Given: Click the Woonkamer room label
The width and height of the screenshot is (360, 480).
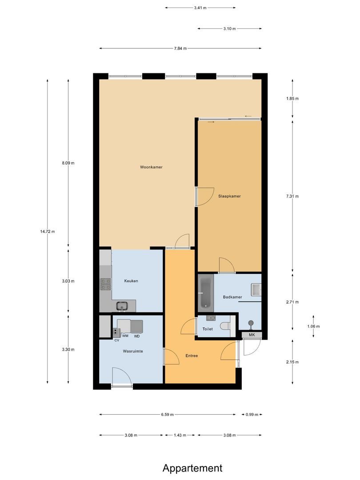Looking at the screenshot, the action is pyautogui.click(x=151, y=167).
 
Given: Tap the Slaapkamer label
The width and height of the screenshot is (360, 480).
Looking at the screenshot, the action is pyautogui.click(x=229, y=196).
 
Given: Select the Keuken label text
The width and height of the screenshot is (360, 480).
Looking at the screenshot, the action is pyautogui.click(x=131, y=281).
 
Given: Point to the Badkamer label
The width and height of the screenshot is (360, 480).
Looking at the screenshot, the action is pyautogui.click(x=232, y=297).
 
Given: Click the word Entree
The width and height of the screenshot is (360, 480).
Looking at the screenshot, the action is pyautogui.click(x=192, y=356).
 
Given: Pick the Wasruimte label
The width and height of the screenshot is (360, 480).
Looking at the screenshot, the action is pyautogui.click(x=133, y=351).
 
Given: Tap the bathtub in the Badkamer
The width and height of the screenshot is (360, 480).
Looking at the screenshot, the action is pyautogui.click(x=205, y=291).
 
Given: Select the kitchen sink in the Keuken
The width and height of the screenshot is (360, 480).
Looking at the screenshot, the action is pyautogui.click(x=122, y=305).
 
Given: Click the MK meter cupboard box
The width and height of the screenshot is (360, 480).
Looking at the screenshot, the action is pyautogui.click(x=252, y=335).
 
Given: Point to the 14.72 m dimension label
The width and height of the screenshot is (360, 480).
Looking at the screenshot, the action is pyautogui.click(x=48, y=232).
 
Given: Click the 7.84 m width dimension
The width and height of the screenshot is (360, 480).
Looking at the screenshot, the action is pyautogui.click(x=180, y=48).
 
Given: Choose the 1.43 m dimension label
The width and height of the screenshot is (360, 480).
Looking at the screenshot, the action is pyautogui.click(x=180, y=435).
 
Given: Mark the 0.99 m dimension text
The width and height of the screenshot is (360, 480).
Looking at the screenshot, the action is pyautogui.click(x=252, y=415).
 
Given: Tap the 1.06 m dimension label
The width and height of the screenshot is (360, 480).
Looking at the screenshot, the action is pyautogui.click(x=313, y=326).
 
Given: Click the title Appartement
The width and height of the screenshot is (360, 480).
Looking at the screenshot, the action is pyautogui.click(x=192, y=468).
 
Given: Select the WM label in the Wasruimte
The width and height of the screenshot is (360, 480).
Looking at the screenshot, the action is pyautogui.click(x=125, y=336).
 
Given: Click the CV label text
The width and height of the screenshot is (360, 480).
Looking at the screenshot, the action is pyautogui.click(x=116, y=340).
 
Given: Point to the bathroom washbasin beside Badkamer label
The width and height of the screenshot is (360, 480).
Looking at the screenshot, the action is pyautogui.click(x=256, y=290).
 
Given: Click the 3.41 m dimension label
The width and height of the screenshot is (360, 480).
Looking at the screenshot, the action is pyautogui.click(x=200, y=8).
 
